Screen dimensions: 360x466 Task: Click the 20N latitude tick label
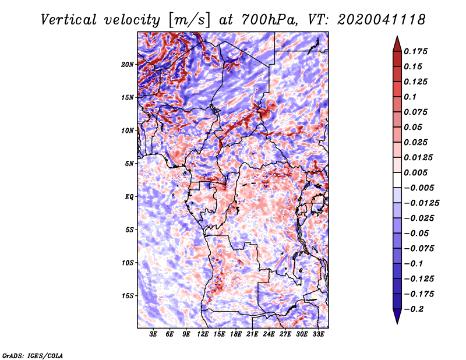click(128, 64)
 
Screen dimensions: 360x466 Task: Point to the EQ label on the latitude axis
click(129, 197)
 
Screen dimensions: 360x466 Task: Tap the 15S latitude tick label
click(128, 296)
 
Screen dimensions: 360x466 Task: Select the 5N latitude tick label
click(129, 164)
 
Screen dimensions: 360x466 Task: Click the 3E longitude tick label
click(153, 334)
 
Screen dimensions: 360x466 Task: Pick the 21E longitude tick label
click(252, 334)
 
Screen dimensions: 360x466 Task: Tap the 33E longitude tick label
click(318, 334)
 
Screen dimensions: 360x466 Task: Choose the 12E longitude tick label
click(203, 334)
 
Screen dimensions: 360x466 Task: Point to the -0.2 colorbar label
click(415, 309)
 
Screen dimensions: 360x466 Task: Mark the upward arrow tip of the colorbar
click(396, 38)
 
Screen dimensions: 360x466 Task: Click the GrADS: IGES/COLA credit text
click(32, 355)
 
